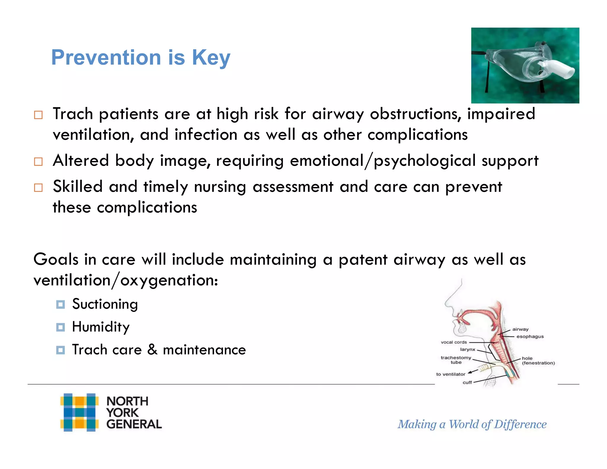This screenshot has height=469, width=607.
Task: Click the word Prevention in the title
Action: coord(106,57)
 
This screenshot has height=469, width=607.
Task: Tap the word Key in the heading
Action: coord(211,57)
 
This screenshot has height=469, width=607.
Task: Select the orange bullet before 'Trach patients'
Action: coord(38,115)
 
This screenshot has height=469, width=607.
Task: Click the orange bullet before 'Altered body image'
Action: coord(38,162)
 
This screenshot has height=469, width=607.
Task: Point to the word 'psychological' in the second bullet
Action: coord(424,161)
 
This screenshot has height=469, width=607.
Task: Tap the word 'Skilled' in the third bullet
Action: coord(78,187)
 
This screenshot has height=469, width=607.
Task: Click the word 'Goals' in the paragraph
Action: coord(56,259)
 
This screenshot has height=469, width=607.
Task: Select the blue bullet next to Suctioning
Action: coord(60,304)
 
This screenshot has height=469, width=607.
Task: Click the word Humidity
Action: coord(101,327)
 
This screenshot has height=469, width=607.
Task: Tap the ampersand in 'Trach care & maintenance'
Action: coord(152,350)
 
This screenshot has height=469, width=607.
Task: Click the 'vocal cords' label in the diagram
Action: coord(453,342)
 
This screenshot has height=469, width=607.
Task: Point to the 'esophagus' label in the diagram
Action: coord(530,336)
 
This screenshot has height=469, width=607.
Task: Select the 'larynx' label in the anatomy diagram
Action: coord(467,350)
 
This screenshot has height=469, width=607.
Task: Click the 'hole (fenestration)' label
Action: coord(538,360)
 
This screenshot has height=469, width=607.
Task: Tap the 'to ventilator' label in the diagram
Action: coord(451,374)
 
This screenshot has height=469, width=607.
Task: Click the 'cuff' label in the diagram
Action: coord(467,382)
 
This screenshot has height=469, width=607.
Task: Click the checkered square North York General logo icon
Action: coord(79,412)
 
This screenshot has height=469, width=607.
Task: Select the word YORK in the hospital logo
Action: coord(122,413)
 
